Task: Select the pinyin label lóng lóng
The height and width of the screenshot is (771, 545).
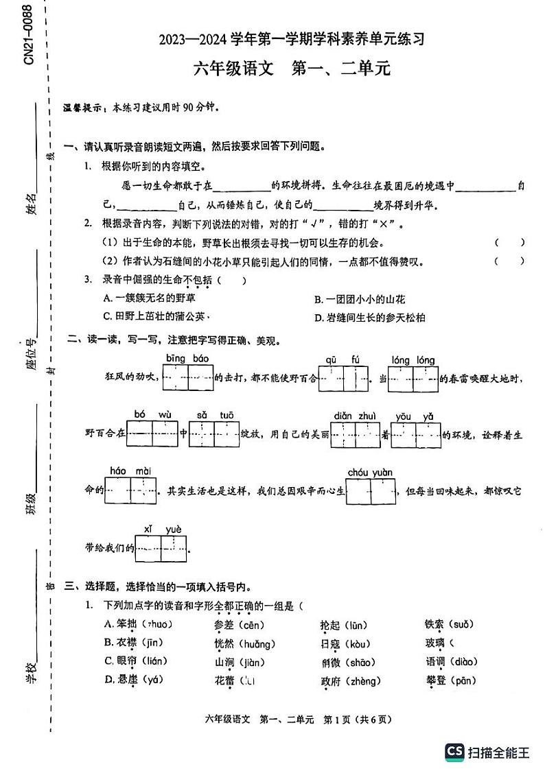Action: pyautogui.click(x=413, y=360)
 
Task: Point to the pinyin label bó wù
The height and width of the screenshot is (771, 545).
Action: pyautogui.click(x=152, y=414)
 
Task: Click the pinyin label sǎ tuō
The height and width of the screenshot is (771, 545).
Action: pyautogui.click(x=215, y=415)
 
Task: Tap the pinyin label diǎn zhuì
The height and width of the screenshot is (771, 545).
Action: pyautogui.click(x=355, y=416)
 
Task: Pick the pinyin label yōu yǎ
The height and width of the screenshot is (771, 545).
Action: pyautogui.click(x=416, y=416)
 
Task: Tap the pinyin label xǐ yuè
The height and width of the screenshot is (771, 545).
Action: pyautogui.click(x=162, y=528)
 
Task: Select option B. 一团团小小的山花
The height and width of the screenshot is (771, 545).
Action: pyautogui.click(x=360, y=299)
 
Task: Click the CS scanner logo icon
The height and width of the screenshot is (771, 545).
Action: pyautogui.click(x=454, y=752)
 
